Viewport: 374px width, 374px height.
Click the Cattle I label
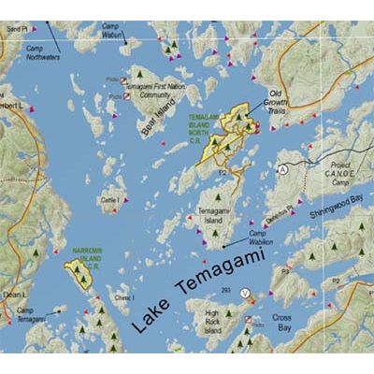coord(109,201)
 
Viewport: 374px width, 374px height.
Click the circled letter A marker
coord(282,169)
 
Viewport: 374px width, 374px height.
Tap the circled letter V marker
coord(246,293)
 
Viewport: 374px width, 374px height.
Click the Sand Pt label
coord(12,4)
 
